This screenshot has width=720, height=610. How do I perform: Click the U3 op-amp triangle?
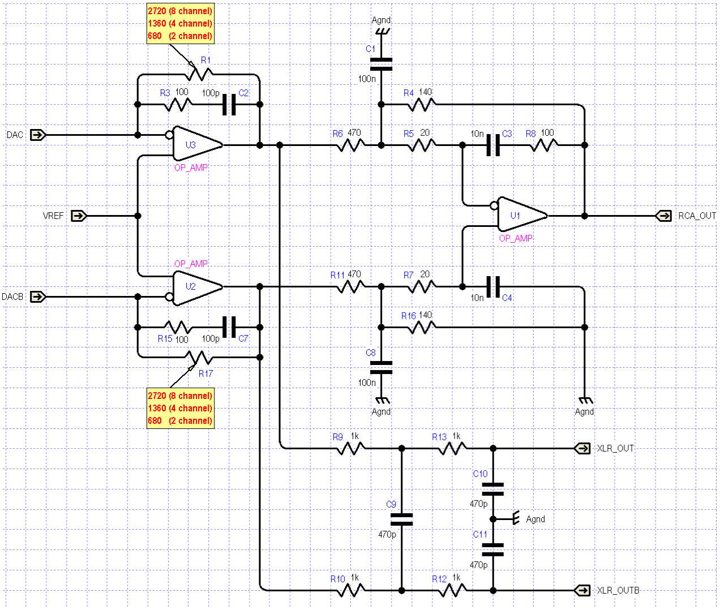[197, 145]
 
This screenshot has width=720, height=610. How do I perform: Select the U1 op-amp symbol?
[522, 216]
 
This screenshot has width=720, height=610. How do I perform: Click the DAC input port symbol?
[38, 135]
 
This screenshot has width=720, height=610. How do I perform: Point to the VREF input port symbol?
[79, 216]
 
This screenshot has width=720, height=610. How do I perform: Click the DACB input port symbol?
[38, 297]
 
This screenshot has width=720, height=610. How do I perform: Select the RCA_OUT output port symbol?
[663, 216]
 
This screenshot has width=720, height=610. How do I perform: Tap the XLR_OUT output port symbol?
[582, 448]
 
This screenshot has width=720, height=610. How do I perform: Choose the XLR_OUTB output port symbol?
[582, 590]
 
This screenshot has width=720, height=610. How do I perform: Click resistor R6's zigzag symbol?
[351, 145]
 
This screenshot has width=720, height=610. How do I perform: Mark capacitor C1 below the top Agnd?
[381, 64]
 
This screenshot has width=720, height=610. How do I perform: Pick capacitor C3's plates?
[493, 145]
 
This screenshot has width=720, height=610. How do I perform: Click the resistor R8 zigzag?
[544, 145]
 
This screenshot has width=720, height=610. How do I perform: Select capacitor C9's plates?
[402, 519]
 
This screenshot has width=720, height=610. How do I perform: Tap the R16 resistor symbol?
[422, 327]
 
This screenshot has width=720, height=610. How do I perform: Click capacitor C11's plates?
[493, 550]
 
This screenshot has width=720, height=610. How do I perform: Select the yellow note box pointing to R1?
[181, 24]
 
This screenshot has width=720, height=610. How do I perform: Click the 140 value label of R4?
[425, 92]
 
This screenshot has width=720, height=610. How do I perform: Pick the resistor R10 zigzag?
[351, 590]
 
